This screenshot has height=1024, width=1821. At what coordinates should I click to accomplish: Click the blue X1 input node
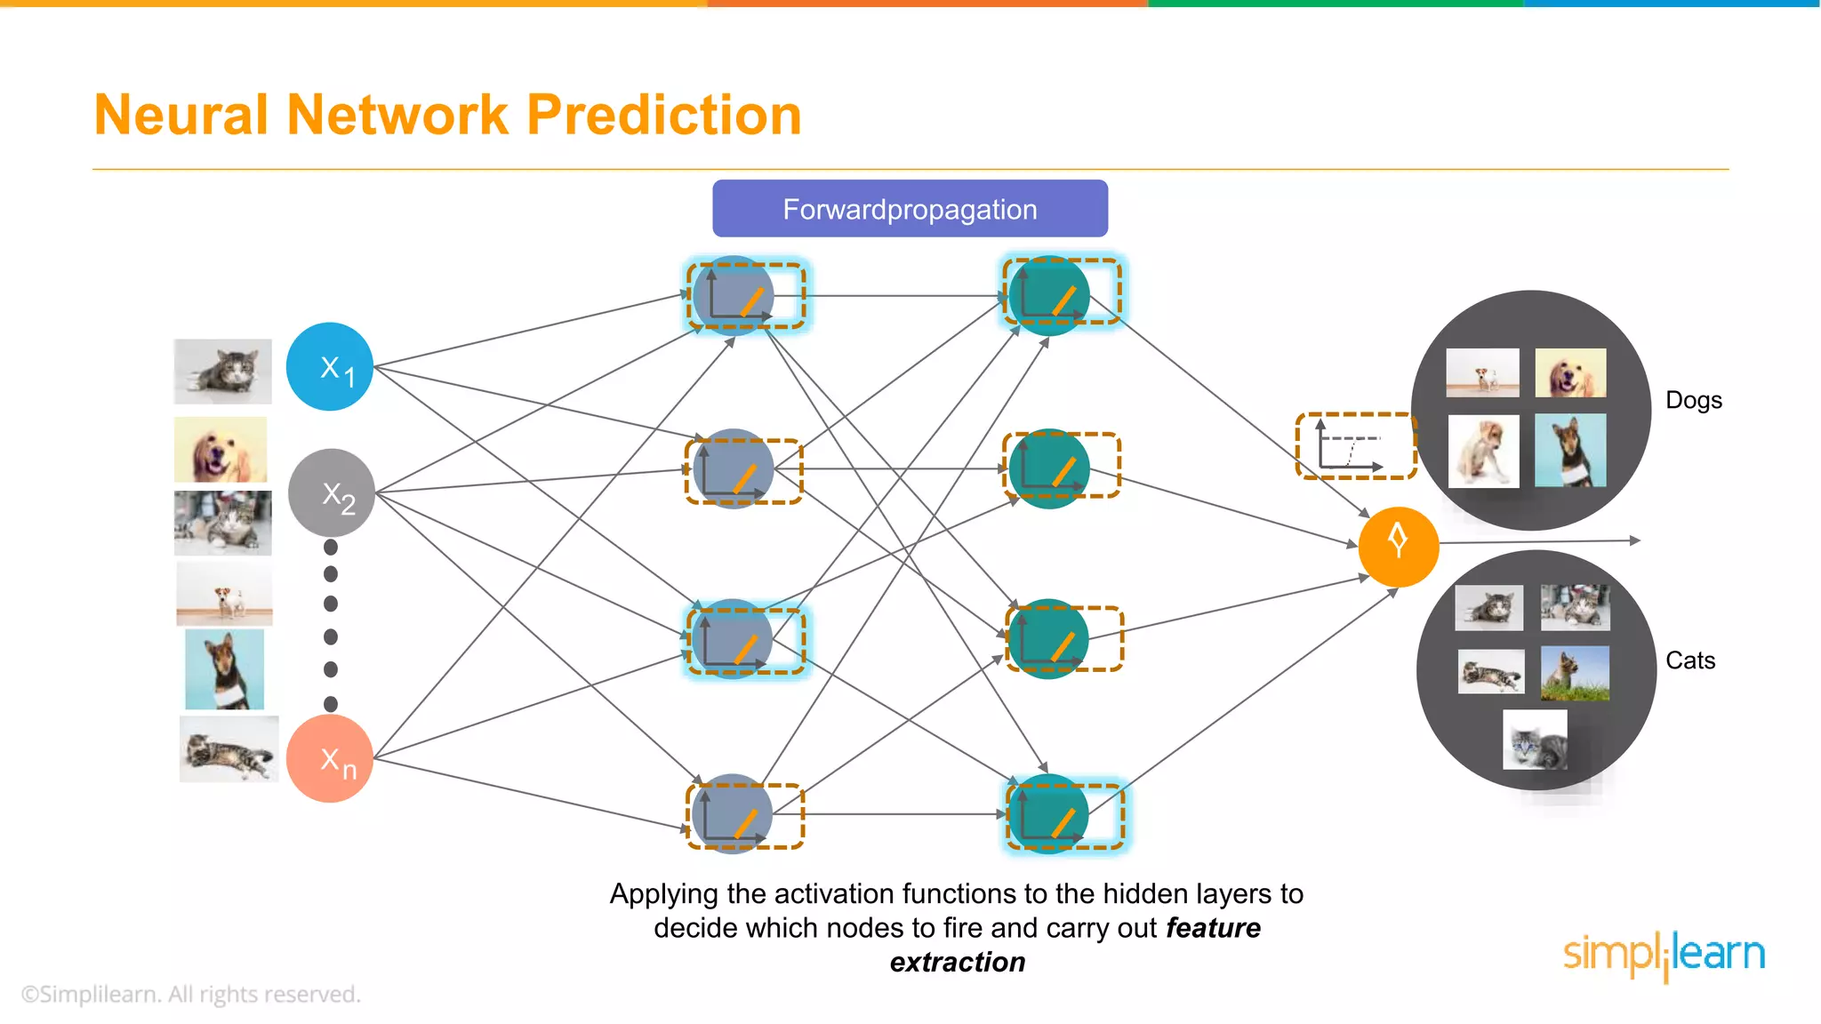(330, 366)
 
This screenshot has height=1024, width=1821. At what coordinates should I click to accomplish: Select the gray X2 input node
(331, 492)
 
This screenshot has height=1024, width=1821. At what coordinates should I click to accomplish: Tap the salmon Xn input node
(329, 758)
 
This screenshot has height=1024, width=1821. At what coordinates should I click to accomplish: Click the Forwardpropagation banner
(910, 209)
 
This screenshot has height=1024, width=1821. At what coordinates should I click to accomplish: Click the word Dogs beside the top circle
(1693, 400)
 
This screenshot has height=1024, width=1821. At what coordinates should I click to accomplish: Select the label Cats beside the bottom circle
(1689, 660)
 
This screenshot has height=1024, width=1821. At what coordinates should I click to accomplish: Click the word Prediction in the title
(663, 116)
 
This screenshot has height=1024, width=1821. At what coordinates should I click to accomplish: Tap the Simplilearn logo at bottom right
(1664, 955)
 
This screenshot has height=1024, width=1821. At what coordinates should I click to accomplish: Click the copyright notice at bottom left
(191, 994)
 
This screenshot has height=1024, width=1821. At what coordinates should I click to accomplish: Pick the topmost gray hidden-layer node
(733, 296)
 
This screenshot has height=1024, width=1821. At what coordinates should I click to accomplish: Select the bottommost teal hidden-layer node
(1049, 814)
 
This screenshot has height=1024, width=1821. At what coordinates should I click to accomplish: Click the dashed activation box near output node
(1355, 446)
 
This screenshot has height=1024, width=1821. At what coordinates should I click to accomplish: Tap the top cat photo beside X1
(222, 371)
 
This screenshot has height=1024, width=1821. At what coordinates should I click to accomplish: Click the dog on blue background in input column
(224, 668)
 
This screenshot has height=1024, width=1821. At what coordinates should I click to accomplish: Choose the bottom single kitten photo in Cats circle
(1535, 740)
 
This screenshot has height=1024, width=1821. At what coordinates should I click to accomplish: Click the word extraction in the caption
(958, 963)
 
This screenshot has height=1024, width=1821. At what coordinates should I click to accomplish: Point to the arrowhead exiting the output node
(1634, 540)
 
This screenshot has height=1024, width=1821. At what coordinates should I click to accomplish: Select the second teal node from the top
(1049, 468)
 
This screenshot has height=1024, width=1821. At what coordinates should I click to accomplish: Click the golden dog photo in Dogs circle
(1570, 372)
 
